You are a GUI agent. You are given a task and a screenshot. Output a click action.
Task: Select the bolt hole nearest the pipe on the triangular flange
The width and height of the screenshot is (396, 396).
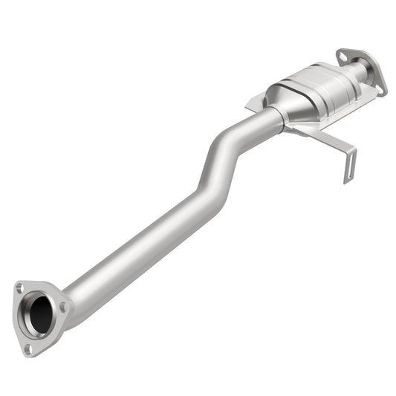point(64,306)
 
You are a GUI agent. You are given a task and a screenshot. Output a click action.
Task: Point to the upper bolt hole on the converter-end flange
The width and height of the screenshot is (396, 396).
point(343,54)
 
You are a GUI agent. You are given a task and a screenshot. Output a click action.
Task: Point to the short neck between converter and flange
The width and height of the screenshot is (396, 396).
point(354,73)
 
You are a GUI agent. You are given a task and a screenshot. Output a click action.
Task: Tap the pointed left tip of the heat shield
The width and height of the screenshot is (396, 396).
point(247,102)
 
